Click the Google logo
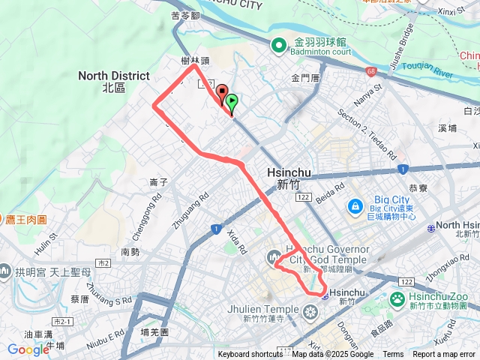coord(28,349)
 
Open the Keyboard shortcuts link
coord(250,355)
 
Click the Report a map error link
coord(444,355)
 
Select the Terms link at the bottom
coord(393,355)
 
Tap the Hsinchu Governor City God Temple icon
coord(271,259)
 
